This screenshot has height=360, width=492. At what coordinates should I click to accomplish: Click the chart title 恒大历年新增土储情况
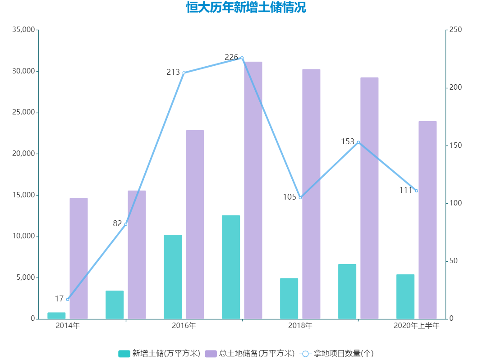tap(246, 8)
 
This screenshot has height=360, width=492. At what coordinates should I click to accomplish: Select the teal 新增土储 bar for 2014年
tap(56, 315)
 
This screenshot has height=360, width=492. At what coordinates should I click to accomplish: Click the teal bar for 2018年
tap(289, 298)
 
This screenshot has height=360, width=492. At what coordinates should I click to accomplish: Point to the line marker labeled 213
tap(184, 73)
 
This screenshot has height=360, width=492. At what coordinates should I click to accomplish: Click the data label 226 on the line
tap(231, 57)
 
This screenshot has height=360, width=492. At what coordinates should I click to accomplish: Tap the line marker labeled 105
tap(300, 197)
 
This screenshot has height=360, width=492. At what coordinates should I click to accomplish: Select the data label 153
tap(348, 141)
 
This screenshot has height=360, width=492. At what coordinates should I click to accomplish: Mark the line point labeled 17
tap(68, 299)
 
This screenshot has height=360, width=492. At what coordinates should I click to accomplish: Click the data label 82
tap(117, 223)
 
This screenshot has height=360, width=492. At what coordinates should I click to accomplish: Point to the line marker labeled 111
tap(416, 191)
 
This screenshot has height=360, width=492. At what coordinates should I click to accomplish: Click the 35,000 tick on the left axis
tap(24, 30)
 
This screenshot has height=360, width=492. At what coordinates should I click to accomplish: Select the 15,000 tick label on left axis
tap(24, 195)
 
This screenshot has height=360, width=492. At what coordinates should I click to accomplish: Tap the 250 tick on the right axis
tap(456, 30)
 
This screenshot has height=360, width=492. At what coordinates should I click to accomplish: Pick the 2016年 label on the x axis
tap(184, 326)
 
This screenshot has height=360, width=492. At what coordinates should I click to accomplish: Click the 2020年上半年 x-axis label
tap(416, 326)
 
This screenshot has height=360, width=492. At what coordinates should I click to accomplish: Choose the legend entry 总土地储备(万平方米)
tap(250, 353)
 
